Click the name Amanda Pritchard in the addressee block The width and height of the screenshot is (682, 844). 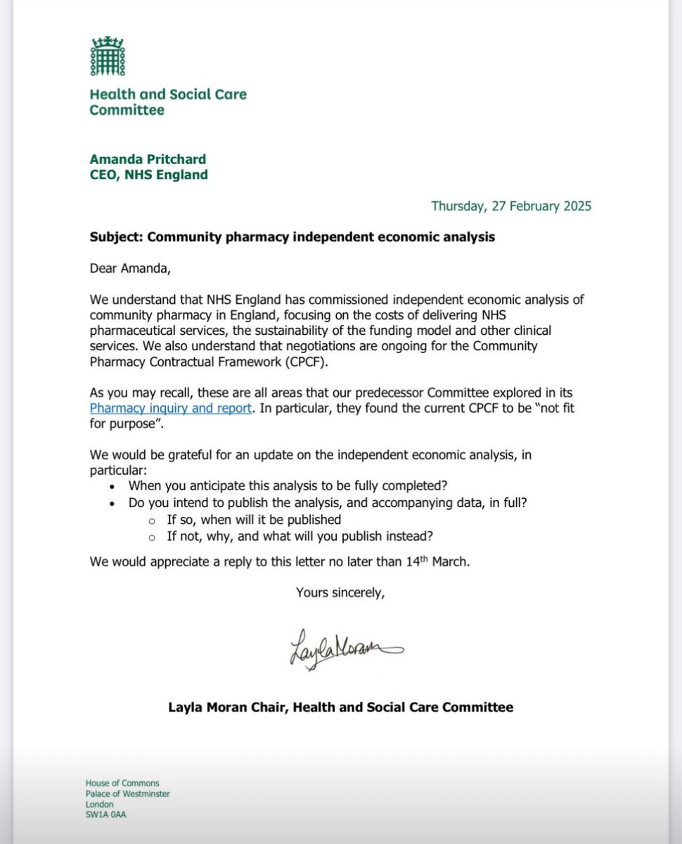click(x=148, y=160)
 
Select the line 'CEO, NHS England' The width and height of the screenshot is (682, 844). click(x=148, y=175)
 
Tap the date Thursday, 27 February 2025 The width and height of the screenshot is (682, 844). click(x=511, y=206)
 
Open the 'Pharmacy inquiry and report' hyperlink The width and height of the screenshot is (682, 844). click(x=170, y=408)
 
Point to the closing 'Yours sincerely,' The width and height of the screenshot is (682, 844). click(x=340, y=593)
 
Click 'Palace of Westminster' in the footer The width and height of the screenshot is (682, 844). click(x=127, y=794)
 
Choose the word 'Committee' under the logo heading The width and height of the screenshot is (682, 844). click(x=127, y=110)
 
